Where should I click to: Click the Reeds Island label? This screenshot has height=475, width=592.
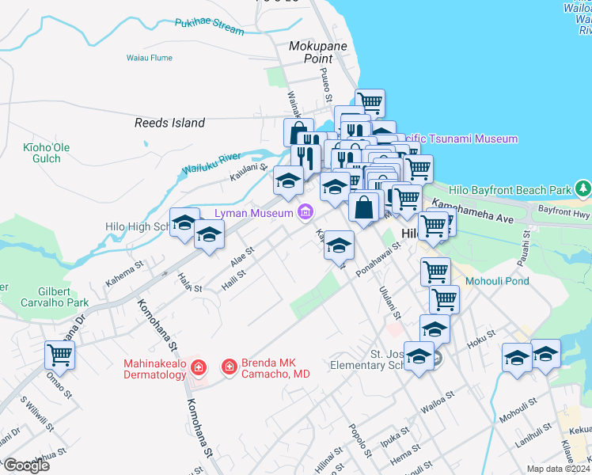point(169,123)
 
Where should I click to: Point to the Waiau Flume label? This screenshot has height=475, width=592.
point(149,58)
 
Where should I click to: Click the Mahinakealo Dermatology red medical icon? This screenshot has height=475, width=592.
point(198,367)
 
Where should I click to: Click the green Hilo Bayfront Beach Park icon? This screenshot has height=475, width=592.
point(584,189)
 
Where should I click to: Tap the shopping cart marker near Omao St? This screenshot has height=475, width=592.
point(59,355)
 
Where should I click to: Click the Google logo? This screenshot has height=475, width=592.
point(26,465)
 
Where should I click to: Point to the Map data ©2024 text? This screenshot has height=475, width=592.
point(559,469)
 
